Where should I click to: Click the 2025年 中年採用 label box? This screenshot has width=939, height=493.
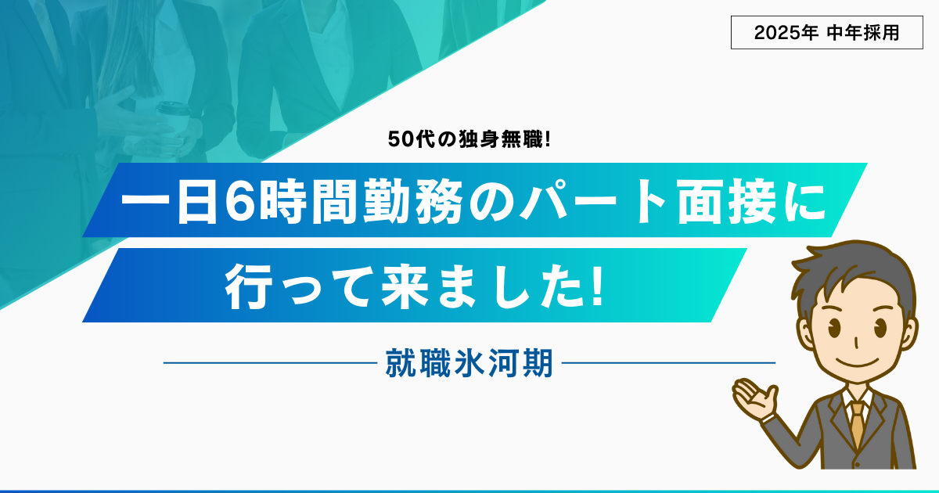pos(826,33)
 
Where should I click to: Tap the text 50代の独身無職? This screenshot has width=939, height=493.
pos(469,139)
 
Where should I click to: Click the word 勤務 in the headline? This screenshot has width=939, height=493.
pos(413,202)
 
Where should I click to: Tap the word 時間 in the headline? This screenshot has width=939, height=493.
pos(309,202)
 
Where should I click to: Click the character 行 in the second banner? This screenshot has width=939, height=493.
pos(246,286)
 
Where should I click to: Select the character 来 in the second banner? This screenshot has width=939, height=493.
pos(404,286)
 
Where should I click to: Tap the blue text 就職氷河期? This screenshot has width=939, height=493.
pos(469,363)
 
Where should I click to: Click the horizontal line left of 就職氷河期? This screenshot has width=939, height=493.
pos(271,363)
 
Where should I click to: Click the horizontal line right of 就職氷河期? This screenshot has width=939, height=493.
pos(668,363)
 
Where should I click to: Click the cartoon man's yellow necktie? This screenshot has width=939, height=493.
pos(857,424)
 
